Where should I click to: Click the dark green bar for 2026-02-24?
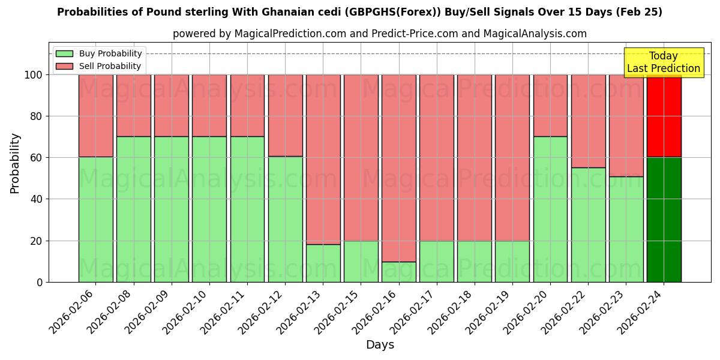tap(664, 220)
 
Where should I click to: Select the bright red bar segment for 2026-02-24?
tap(664, 116)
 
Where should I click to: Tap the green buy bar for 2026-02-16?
tap(399, 272)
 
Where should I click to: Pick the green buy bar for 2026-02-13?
tap(323, 263)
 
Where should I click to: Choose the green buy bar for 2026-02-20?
tap(550, 209)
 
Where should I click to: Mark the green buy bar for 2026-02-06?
tap(96, 220)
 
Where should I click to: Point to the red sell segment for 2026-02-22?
tap(588, 121)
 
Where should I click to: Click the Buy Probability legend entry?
tap(99, 53)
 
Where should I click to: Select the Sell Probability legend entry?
tap(99, 66)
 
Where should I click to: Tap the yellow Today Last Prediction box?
tap(663, 62)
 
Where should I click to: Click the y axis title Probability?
tap(15, 163)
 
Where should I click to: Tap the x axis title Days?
tap(380, 345)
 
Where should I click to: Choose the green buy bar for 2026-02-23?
tap(626, 229)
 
